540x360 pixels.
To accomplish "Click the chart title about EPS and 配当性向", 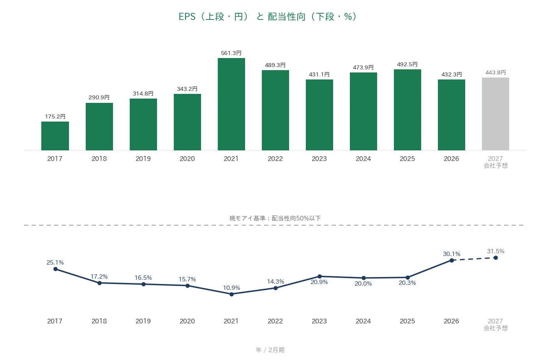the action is click(267, 17).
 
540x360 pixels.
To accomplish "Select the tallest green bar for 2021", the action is click(231, 104).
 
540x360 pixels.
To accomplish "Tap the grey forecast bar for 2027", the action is click(496, 114).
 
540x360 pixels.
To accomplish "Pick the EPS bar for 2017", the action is click(55, 136).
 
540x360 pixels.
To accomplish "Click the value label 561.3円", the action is click(231, 53).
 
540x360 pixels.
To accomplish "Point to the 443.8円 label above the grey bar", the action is click(496, 72).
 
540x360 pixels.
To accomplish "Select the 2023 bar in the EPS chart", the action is click(319, 115).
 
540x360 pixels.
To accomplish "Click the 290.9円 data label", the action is click(99, 97).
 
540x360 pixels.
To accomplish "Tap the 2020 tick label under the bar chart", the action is click(187, 159).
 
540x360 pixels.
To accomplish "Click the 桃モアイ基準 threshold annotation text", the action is click(275, 218).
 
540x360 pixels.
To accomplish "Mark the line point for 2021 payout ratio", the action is click(231, 294).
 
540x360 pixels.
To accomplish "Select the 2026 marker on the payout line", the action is click(452, 260).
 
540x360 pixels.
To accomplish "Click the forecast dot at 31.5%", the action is click(496, 258).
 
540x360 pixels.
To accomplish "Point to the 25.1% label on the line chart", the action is click(55, 262).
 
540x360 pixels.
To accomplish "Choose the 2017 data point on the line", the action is click(55, 269).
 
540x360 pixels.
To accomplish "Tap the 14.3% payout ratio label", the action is click(275, 281).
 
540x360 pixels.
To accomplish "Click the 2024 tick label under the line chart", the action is click(363, 321).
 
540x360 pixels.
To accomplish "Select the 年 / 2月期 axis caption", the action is click(270, 350).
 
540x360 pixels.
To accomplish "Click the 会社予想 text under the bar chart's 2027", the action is click(496, 166).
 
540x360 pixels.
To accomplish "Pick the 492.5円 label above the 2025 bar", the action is click(407, 64).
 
